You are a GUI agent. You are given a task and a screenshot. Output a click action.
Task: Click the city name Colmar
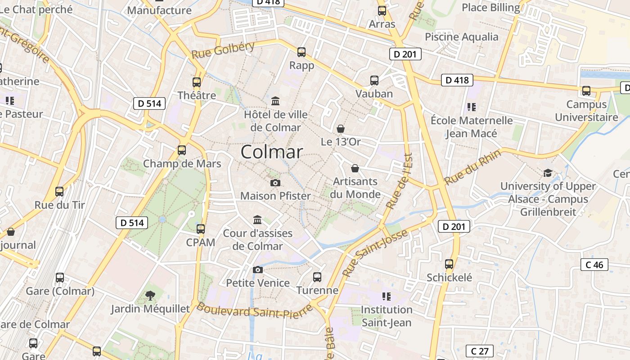tap(272, 152)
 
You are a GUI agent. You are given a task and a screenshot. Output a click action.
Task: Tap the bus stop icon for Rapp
tap(301, 52)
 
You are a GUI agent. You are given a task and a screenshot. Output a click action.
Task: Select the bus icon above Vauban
tap(374, 81)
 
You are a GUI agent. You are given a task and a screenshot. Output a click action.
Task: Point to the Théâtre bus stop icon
tap(197, 82)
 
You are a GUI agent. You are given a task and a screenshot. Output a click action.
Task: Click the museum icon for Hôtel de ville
tap(275, 101)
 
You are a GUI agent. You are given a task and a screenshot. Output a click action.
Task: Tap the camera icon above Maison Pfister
tap(275, 183)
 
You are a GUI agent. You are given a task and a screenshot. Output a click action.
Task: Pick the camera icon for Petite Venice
tap(258, 270)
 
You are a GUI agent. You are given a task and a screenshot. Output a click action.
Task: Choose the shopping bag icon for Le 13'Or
tap(341, 129)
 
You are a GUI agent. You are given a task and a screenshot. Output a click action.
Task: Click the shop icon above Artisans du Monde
tap(355, 168)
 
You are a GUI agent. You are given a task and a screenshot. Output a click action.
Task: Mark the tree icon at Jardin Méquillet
tap(150, 296)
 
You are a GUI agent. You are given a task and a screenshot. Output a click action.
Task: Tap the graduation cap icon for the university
tap(548, 173)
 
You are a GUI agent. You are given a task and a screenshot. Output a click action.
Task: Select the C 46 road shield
tap(594, 265)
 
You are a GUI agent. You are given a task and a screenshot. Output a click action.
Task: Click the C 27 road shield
tap(479, 351)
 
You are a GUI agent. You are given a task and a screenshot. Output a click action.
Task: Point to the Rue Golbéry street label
tap(223, 50)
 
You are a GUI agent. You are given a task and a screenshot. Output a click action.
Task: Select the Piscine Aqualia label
tap(462, 37)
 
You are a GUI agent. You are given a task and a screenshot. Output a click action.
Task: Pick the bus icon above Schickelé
tap(449, 264)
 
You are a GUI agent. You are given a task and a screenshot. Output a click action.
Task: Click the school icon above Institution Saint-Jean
tap(386, 296)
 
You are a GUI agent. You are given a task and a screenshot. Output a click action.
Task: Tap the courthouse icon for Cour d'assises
tap(257, 220)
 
